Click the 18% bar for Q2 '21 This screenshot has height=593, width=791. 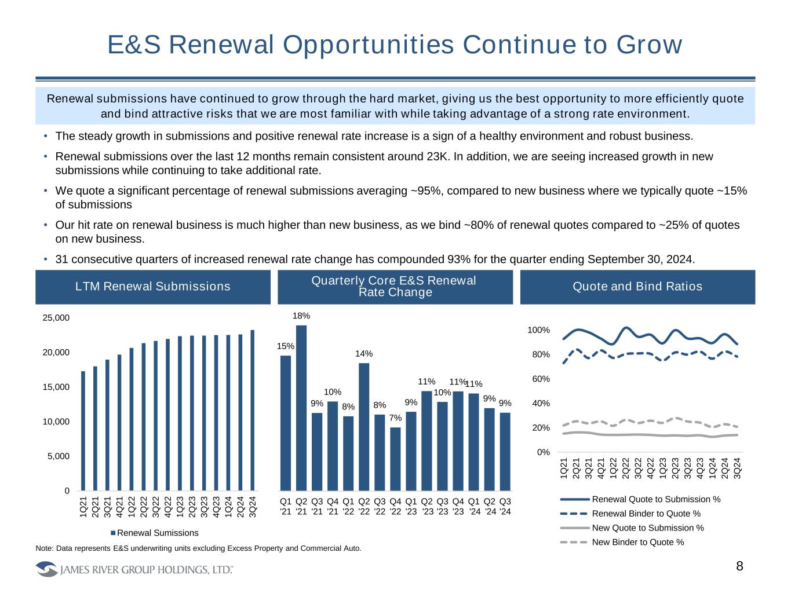301,408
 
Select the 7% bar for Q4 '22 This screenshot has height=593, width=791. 395,459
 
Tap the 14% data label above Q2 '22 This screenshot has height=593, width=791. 364,354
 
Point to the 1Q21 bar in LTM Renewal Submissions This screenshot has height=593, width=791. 83,431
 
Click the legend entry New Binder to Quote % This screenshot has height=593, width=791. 637,542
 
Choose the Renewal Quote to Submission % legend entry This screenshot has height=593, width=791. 655,499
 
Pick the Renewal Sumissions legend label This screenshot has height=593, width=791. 158,533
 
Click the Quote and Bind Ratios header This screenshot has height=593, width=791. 637,287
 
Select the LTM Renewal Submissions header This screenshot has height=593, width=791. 153,287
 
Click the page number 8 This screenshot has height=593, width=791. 739,566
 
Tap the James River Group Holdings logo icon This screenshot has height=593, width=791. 46,570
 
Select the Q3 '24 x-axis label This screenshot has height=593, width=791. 505,506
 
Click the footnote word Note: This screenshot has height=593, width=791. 45,548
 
